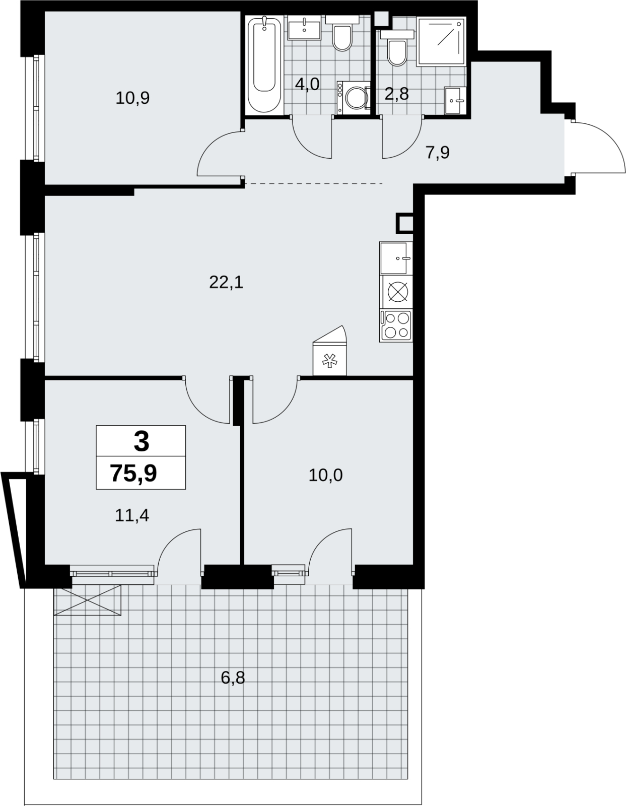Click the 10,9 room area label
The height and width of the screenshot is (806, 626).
click(x=132, y=98)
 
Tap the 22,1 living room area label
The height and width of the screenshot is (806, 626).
click(x=226, y=283)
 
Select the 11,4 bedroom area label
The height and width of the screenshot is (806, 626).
click(x=132, y=515)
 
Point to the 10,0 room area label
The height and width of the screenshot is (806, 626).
click(x=325, y=475)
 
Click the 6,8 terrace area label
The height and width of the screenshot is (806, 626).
click(x=233, y=678)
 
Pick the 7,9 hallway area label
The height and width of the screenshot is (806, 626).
click(x=438, y=153)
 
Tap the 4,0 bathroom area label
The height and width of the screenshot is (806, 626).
click(x=307, y=84)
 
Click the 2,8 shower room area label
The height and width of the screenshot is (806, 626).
click(x=396, y=94)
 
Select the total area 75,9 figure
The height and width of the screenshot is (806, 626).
click(x=133, y=474)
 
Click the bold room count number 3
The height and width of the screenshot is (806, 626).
click(x=142, y=442)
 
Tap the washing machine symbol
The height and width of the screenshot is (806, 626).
click(x=354, y=98)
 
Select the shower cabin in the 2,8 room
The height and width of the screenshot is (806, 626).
click(x=441, y=41)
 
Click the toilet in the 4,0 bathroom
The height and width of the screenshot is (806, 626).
click(x=342, y=33)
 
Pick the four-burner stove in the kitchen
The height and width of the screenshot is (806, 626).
click(x=396, y=325)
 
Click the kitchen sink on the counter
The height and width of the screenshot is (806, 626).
click(x=396, y=258)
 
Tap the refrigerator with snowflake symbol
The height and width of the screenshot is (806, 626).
click(x=329, y=351)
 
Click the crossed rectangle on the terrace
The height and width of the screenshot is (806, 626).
click(x=88, y=600)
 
